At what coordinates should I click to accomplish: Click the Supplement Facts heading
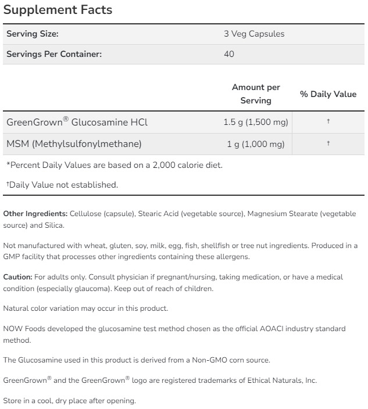pyautogui.click(x=58, y=10)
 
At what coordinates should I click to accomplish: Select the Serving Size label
pyautogui.click(x=33, y=34)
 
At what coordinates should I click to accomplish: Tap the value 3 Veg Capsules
pyautogui.click(x=254, y=34)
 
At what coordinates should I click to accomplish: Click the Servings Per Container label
pyautogui.click(x=54, y=54)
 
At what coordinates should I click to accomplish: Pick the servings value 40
pyautogui.click(x=228, y=54)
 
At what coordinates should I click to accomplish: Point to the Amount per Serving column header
pyautogui.click(x=256, y=94)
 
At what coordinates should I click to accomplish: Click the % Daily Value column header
pyautogui.click(x=328, y=94)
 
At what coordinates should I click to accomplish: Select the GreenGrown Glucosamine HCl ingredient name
pyautogui.click(x=77, y=122)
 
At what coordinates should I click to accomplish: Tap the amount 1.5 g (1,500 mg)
pyautogui.click(x=254, y=122)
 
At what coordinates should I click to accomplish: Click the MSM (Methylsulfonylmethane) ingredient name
pyautogui.click(x=74, y=143)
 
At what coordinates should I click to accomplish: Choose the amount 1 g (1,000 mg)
pyautogui.click(x=256, y=143)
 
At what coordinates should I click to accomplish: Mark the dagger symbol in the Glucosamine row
pyautogui.click(x=328, y=121)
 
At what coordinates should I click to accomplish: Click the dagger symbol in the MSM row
pyautogui.click(x=328, y=142)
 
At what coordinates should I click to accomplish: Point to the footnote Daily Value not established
pyautogui.click(x=63, y=185)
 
